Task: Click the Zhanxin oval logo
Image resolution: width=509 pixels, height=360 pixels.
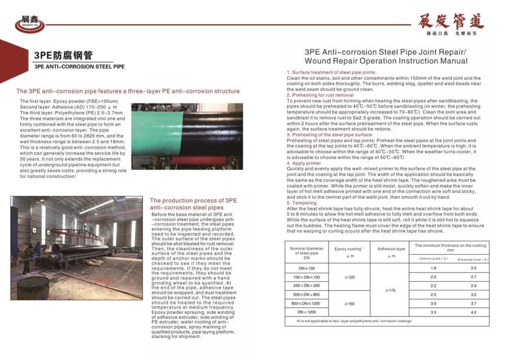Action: click(29, 22)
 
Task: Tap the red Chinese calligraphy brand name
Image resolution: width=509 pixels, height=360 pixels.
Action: click(451, 21)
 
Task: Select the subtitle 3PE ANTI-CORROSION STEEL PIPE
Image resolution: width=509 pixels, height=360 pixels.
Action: click(80, 66)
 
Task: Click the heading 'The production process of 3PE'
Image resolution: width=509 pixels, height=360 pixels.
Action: click(193, 200)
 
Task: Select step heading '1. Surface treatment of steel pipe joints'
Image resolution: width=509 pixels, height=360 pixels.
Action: click(335, 73)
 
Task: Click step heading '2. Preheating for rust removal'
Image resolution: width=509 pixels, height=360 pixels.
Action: click(320, 95)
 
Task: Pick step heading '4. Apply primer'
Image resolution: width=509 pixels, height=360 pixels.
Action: click(304, 163)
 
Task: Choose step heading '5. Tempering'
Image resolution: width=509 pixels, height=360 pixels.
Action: click(302, 203)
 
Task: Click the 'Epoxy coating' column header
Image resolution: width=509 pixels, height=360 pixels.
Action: click(349, 248)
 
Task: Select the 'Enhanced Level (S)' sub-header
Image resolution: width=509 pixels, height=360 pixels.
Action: click(473, 259)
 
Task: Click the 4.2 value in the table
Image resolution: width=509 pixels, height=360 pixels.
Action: click(473, 312)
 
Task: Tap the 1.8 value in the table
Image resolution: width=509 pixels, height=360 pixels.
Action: click(433, 268)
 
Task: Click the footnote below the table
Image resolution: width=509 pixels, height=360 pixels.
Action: click(354, 321)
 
